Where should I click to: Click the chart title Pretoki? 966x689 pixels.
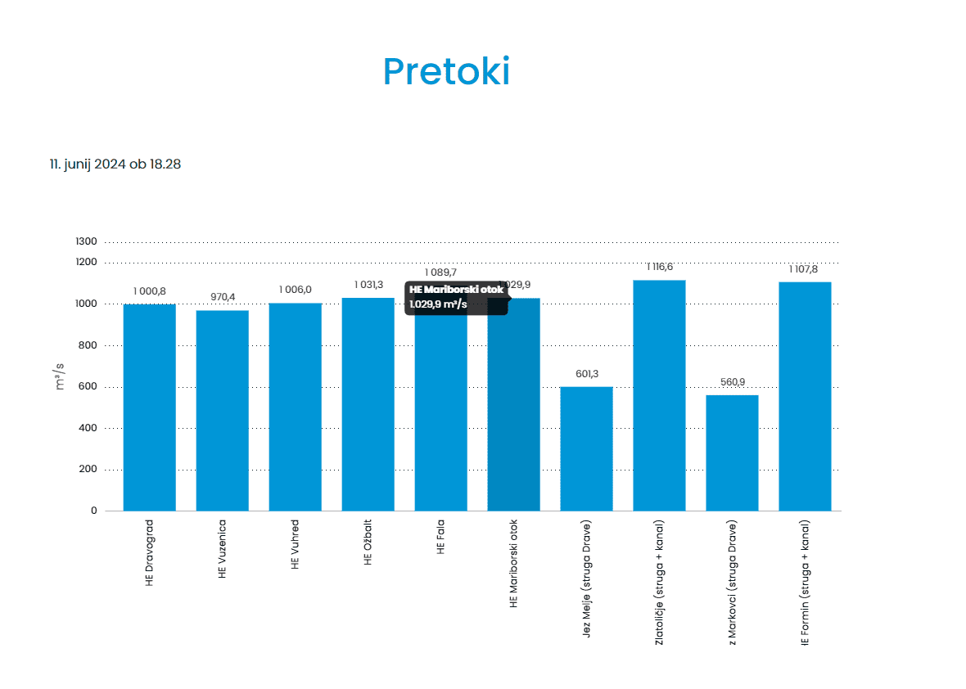(x=446, y=72)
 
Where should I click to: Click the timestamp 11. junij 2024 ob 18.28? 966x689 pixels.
(x=115, y=164)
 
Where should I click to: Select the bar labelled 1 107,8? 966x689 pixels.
(x=805, y=396)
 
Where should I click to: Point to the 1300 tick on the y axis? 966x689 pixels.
(x=88, y=241)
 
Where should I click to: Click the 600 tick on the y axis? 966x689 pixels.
(x=88, y=386)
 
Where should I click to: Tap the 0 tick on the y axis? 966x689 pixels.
(x=94, y=511)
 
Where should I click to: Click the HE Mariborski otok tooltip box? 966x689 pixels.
(x=456, y=297)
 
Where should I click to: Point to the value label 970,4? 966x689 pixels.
(x=222, y=297)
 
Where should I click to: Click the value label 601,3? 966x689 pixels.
(x=586, y=374)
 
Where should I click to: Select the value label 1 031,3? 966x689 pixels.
(x=368, y=285)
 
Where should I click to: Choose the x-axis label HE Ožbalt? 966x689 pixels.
(x=368, y=543)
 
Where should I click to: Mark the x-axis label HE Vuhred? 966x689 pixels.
(x=295, y=544)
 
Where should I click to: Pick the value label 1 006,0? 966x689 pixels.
(x=295, y=290)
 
